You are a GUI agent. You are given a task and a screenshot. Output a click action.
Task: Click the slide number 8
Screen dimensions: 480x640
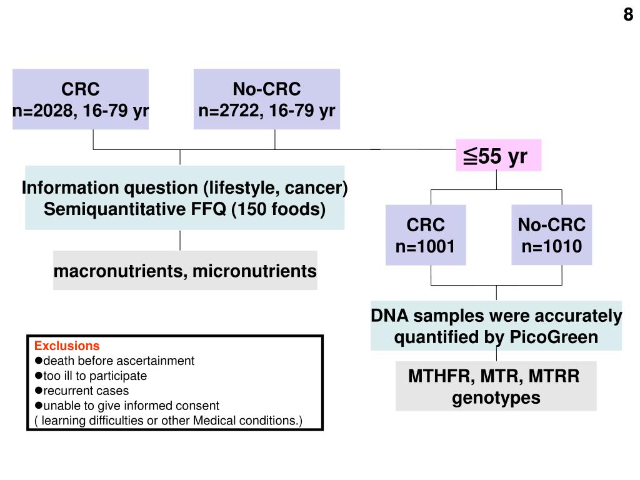click(627, 14)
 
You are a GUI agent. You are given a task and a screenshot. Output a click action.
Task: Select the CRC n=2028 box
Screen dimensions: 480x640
click(81, 99)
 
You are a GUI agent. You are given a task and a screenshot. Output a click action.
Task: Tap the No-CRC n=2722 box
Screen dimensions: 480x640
click(267, 99)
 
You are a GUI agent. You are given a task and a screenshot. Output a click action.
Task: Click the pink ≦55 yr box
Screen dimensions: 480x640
click(498, 156)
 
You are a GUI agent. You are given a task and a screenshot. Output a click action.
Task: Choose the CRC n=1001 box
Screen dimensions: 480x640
click(426, 235)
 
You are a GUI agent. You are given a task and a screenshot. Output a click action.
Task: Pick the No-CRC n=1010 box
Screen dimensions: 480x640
click(551, 235)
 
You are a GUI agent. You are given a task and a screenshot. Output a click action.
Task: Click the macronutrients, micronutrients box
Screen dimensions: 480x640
click(185, 271)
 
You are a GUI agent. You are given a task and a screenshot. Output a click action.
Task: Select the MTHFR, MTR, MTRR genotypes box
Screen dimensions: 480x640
click(496, 386)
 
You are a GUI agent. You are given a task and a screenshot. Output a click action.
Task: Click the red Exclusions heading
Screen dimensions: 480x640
click(66, 346)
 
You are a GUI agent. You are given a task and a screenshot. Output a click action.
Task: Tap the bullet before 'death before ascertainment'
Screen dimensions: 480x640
click(38, 361)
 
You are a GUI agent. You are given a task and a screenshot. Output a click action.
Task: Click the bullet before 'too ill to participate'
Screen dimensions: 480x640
click(38, 376)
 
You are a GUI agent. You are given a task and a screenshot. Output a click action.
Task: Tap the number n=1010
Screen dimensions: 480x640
click(551, 246)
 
